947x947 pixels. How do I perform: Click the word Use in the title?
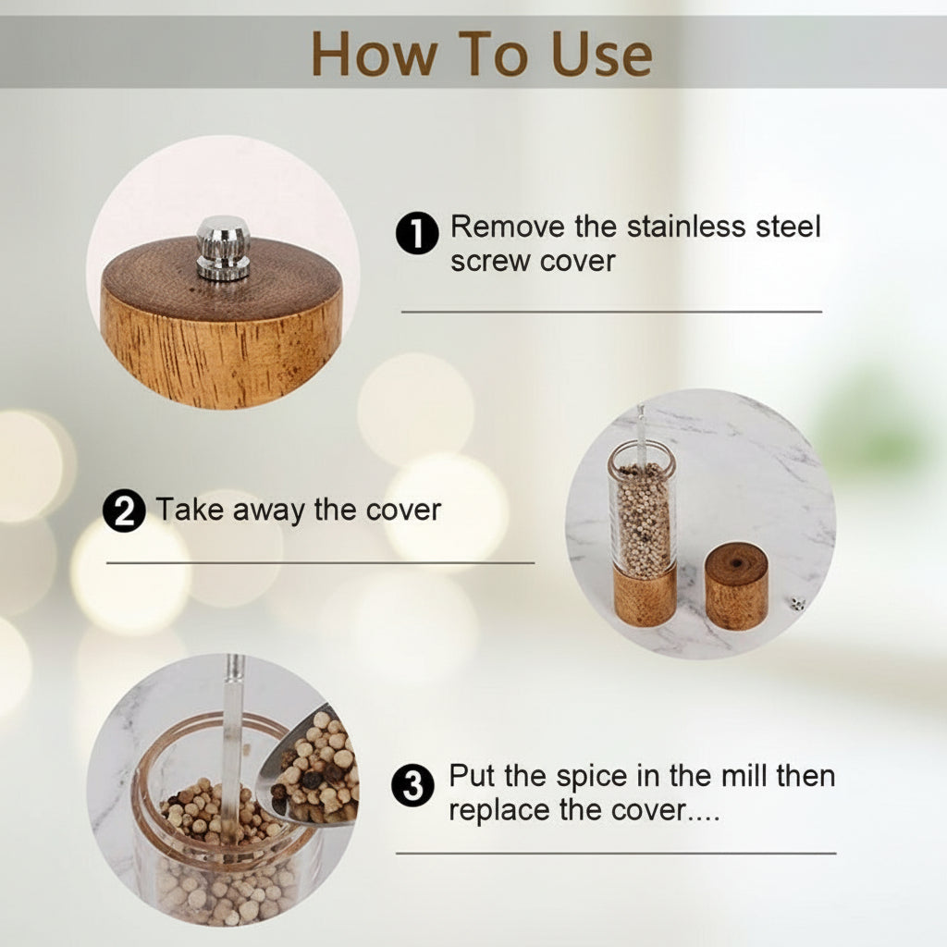pos(600,54)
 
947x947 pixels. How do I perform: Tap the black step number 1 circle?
pos(417,233)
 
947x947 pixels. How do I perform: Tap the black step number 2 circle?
pos(124,510)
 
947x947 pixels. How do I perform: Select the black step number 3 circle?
pos(413,785)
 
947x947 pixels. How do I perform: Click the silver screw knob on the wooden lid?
pos(223,248)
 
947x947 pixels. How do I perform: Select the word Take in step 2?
pos(190,510)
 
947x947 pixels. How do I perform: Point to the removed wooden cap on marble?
pos(736,586)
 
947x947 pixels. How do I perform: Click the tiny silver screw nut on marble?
pos(797,603)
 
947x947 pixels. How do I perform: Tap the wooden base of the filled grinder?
pos(645,595)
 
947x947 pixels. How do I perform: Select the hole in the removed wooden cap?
pos(737,563)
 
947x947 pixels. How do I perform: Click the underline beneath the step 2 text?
pos(320,563)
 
